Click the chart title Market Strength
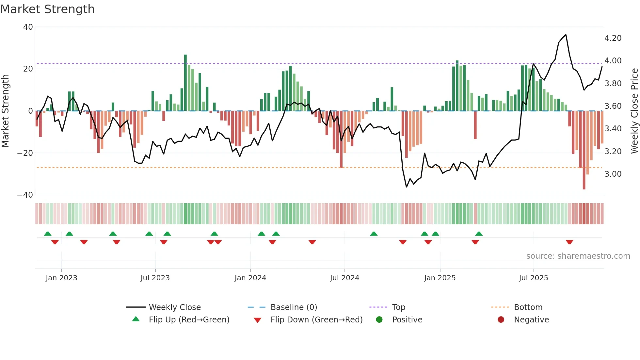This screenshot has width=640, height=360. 47,9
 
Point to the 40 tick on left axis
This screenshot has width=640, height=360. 28,27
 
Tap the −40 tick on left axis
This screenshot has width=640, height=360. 25,195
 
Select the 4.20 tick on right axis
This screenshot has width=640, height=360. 613,38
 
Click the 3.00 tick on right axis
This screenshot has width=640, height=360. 613,174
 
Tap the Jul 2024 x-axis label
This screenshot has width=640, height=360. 344,278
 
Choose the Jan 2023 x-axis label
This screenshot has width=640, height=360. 61,278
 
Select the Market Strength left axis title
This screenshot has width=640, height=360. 6,111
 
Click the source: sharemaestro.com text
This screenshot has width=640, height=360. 578,256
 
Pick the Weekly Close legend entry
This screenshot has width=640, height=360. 175,307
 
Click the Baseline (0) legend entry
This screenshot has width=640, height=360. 294,307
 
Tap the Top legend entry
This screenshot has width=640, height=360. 398,307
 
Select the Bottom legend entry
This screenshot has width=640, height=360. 528,307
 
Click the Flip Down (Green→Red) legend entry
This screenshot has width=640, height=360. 316,320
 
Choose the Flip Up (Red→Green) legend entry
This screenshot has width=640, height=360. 189,320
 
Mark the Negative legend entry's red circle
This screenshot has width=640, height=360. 501,320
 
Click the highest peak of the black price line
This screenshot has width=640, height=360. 566,35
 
